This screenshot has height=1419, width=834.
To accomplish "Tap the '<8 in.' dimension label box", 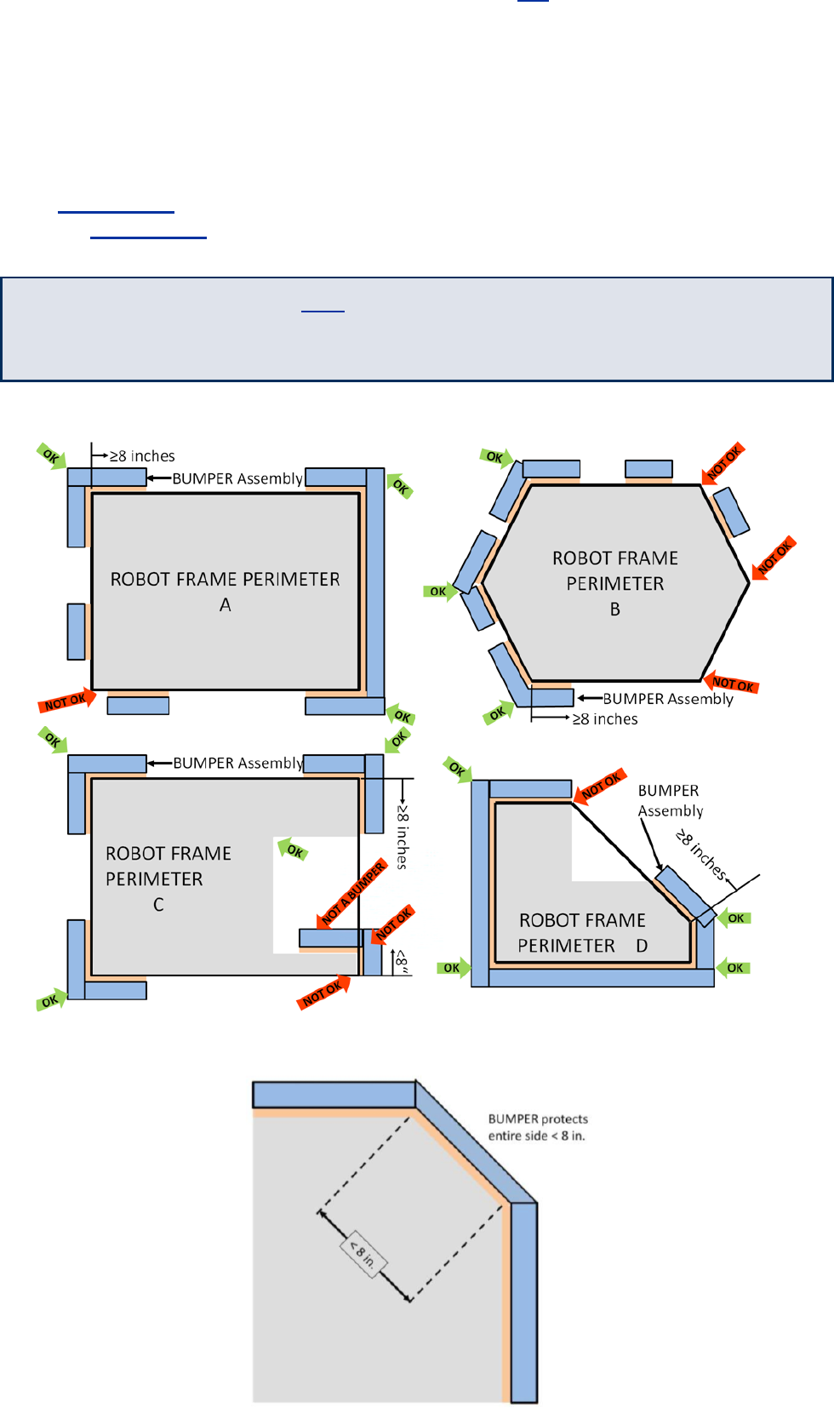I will click(x=363, y=1254).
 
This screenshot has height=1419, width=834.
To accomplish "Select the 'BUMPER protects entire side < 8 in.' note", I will click(x=538, y=1127).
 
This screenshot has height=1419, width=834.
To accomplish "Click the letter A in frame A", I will click(x=226, y=605).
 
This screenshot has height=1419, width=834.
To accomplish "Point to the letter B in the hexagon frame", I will click(x=615, y=609).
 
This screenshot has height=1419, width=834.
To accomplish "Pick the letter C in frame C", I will click(x=158, y=905).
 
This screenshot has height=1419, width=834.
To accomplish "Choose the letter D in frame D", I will click(x=642, y=946).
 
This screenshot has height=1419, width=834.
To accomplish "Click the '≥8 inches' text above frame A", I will click(x=142, y=456).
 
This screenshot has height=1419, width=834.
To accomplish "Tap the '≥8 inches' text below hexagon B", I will click(x=605, y=719).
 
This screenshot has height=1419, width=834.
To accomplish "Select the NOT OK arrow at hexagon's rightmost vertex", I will click(x=773, y=558).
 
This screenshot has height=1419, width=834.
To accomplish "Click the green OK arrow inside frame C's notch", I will click(x=293, y=849).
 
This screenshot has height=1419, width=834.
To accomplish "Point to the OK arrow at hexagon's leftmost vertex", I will click(x=439, y=592).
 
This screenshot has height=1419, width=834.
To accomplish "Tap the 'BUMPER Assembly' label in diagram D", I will click(x=671, y=801).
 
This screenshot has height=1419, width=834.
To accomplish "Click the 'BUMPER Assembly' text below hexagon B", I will click(x=668, y=699).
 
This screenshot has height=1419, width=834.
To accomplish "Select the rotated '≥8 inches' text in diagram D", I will click(x=701, y=855).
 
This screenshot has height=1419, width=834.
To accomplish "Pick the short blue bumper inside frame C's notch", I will click(x=328, y=938).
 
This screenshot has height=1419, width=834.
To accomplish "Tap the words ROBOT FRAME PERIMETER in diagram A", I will click(x=226, y=580).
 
